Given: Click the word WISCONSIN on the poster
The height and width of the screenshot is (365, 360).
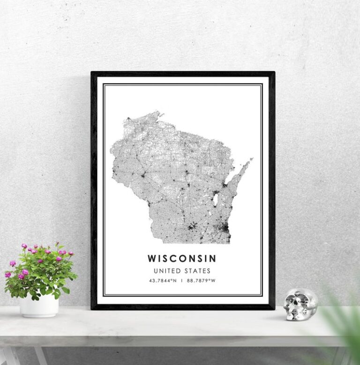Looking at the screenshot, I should click(x=182, y=259).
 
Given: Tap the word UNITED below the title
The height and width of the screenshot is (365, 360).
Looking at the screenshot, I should click(x=165, y=271).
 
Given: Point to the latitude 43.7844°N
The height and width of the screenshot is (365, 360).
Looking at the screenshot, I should click(x=162, y=281).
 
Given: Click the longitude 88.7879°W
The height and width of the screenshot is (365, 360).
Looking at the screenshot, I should click(x=201, y=281).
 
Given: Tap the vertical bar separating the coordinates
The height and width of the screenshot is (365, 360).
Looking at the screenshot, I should click(x=181, y=281).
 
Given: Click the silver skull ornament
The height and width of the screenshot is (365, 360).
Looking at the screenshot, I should click(x=300, y=304).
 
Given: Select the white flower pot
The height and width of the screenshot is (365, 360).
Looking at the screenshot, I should click(x=39, y=305).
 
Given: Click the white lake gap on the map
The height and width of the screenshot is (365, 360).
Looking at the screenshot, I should click(x=215, y=200).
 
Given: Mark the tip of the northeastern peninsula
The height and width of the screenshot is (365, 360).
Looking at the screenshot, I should click(x=252, y=159).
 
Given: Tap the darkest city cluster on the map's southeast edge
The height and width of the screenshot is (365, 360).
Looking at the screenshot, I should click(x=225, y=228).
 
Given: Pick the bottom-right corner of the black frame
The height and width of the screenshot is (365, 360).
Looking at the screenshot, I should click(x=274, y=309).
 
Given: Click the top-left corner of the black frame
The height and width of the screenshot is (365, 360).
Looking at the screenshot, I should click(x=92, y=72).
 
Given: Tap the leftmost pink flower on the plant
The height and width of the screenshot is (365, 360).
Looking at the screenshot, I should click(x=7, y=274).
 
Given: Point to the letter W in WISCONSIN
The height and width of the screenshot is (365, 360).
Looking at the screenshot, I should click(x=151, y=259).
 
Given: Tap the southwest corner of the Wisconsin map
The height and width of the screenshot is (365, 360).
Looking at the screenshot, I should click(x=151, y=242).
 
